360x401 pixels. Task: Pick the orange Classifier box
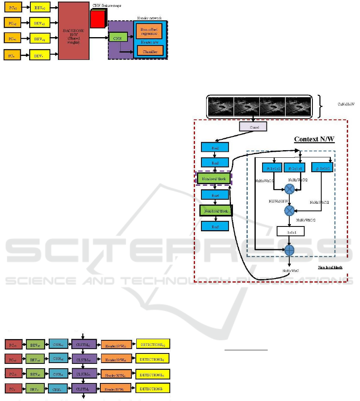(x=150, y=51)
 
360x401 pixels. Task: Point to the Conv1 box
(x=253, y=127)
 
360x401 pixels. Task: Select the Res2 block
(x=215, y=147)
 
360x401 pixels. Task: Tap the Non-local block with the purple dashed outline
(x=214, y=179)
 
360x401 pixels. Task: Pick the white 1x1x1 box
(x=290, y=231)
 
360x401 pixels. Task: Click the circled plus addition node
(x=289, y=250)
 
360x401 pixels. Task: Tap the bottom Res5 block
(x=215, y=226)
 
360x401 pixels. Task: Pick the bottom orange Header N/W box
(x=115, y=389)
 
